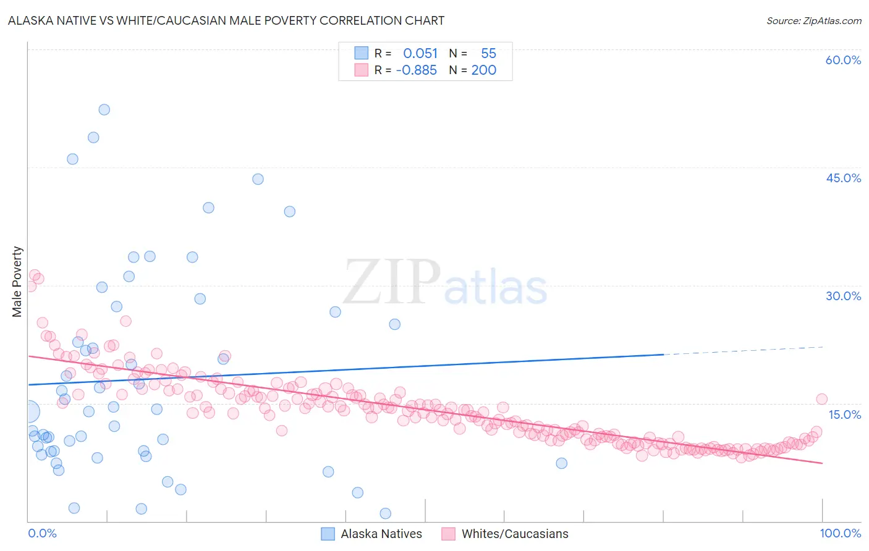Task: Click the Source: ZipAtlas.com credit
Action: pos(813,20)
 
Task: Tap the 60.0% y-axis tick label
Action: pos(843,60)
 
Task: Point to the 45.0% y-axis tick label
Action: pos(843,178)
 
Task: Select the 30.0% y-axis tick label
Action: pos(843,296)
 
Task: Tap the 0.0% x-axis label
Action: pos(42,533)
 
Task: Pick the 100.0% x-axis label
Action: pos(841,533)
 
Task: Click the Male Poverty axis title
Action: pos(17,282)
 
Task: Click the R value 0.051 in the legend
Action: pos(420,54)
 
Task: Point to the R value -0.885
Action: pos(416,70)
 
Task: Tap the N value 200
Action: pos(484,70)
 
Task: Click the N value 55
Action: pos(488,54)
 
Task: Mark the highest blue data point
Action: pos(104,109)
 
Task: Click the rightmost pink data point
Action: pos(821,399)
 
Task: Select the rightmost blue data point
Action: pos(561,463)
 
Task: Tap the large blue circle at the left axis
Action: pos(28,411)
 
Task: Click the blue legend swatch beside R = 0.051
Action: pos(361,53)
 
